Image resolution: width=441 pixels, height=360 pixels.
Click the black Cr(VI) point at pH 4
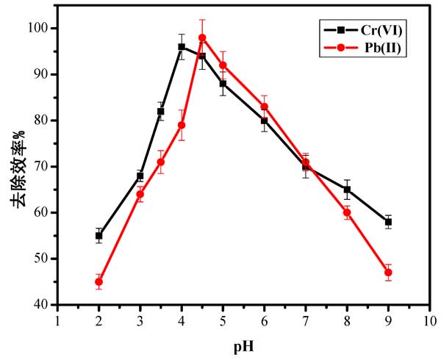pos(182,47)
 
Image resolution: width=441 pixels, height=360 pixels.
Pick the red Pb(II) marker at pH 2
pos(98,281)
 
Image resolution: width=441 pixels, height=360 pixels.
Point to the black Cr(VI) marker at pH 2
pos(98,236)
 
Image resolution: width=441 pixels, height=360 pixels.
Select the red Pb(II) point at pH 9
pos(388,273)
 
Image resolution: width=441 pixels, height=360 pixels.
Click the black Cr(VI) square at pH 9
pos(388,222)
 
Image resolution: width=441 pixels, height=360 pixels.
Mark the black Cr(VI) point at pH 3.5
pos(161,111)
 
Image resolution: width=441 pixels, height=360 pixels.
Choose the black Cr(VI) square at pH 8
pos(347,190)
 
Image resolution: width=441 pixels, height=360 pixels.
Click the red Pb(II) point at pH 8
pos(347,212)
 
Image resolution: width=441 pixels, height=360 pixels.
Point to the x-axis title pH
pos(243,344)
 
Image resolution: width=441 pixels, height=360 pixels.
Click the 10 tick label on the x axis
pos(429,320)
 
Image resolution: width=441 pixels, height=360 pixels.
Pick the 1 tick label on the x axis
pos(57,320)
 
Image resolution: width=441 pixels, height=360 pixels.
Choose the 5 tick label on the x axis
pos(223,320)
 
